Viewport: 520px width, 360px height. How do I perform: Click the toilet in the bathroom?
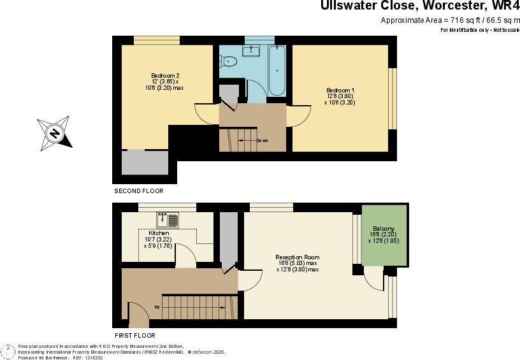(229, 61)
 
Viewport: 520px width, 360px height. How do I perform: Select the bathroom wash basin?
(252, 51)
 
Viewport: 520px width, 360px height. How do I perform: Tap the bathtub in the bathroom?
(277, 70)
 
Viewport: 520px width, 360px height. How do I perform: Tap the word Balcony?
(384, 229)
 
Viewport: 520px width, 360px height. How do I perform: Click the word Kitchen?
(159, 233)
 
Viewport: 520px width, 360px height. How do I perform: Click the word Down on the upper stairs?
(261, 140)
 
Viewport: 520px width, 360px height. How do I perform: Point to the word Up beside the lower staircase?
(157, 307)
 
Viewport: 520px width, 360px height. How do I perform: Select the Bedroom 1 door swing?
(298, 116)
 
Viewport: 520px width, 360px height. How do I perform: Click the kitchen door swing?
(185, 256)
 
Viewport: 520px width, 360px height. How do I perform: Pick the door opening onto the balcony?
(373, 279)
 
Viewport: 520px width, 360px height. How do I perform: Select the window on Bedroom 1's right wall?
(392, 98)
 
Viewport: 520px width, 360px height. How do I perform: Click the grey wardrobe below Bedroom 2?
(145, 162)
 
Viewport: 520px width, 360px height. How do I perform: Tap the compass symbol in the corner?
(8, 352)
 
